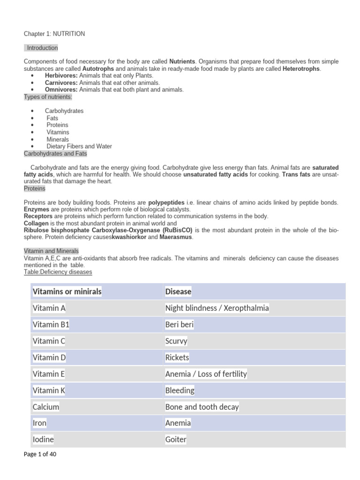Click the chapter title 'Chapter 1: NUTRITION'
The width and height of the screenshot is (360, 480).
coord(54,34)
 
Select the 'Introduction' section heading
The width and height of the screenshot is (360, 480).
coord(42,48)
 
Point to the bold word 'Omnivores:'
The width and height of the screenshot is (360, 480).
coord(61,90)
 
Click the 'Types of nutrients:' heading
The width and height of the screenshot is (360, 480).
coord(48,97)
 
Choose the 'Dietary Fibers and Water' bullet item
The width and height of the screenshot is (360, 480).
coord(79,146)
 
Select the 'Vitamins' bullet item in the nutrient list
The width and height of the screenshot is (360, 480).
coord(58,132)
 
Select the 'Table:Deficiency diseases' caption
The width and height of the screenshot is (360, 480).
coord(58,272)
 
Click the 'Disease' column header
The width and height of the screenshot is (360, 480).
coord(178,292)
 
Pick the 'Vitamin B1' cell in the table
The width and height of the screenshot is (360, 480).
coord(51,324)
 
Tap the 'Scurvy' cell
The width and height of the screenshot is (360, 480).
coord(176,341)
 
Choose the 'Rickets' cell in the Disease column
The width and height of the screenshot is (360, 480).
coord(177,357)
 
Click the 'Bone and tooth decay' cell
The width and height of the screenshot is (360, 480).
coord(202,406)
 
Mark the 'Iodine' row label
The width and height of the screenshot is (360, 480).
coord(43,439)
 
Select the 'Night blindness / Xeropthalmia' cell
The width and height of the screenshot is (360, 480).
coord(217,308)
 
